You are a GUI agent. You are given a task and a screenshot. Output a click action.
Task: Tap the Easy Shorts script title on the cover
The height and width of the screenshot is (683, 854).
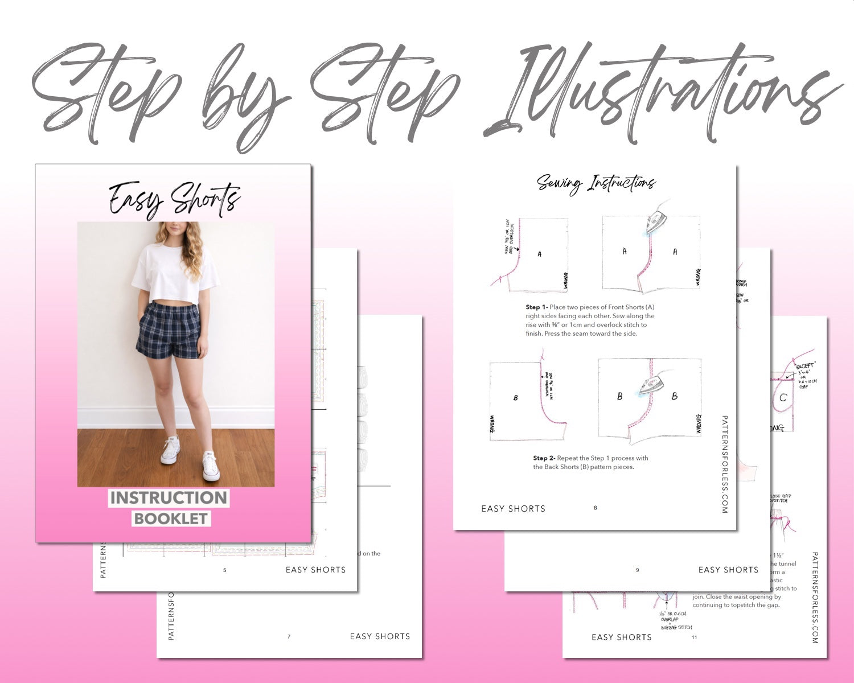pyautogui.click(x=174, y=199)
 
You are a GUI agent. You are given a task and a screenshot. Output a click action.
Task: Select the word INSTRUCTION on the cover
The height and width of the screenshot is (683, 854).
pyautogui.click(x=169, y=498)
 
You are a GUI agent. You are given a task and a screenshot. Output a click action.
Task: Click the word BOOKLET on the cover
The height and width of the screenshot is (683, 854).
pyautogui.click(x=171, y=519)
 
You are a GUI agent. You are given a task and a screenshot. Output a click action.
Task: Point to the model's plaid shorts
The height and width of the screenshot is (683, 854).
pyautogui.click(x=169, y=330)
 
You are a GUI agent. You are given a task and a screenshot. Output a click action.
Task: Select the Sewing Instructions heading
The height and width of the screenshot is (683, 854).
pyautogui.click(x=596, y=183)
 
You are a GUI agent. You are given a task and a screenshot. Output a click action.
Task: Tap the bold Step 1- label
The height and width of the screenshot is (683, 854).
pyautogui.click(x=536, y=307)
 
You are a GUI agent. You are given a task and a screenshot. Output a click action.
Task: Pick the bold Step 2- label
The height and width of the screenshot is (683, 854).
pyautogui.click(x=544, y=458)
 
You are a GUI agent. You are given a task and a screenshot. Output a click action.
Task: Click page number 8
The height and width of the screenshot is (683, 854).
pyautogui.click(x=596, y=508)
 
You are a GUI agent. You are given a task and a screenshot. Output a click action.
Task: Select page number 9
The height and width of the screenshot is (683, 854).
pyautogui.click(x=637, y=570)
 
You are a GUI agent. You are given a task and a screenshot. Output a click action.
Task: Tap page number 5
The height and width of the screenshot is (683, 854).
pyautogui.click(x=225, y=570)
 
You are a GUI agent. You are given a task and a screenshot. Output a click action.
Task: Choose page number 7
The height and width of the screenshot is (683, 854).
pyautogui.click(x=289, y=636)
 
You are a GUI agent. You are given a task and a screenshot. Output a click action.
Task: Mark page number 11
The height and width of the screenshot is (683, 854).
pyautogui.click(x=694, y=637)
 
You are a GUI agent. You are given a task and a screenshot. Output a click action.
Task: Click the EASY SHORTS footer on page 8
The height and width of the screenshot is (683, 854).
pyautogui.click(x=513, y=509)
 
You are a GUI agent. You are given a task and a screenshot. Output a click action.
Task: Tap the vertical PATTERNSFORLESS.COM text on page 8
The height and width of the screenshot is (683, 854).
pyautogui.click(x=724, y=464)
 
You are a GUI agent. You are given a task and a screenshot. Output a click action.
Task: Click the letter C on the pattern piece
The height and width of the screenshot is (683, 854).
pyautogui.click(x=783, y=398)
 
